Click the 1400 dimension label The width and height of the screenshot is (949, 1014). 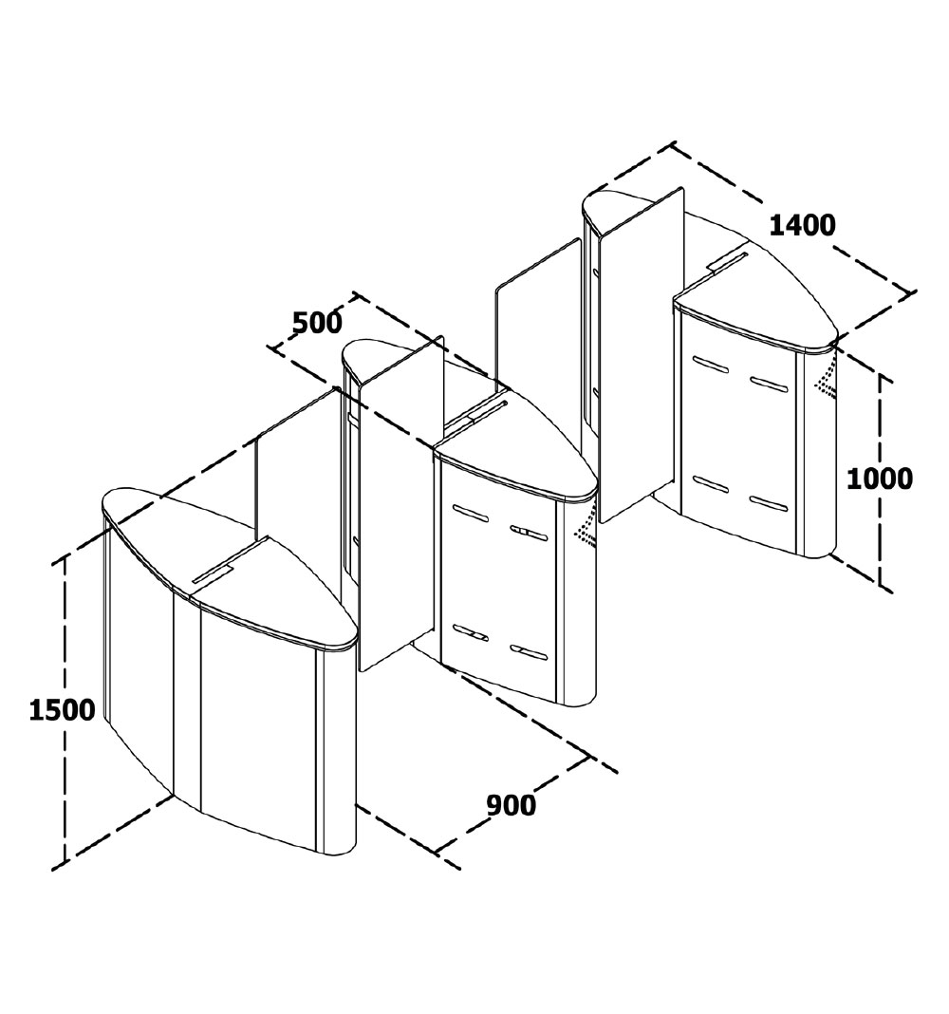pos(802,226)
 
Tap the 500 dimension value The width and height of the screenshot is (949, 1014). pos(317,323)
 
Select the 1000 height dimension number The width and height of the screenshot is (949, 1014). pos(879,479)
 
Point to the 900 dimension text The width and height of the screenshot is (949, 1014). pos(511,805)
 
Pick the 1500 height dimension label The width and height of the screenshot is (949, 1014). pos(62,710)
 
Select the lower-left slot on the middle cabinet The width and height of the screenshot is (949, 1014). pos(469,633)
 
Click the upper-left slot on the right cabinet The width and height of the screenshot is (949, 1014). pos(710,365)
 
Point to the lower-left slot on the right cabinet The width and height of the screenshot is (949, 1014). pos(710,482)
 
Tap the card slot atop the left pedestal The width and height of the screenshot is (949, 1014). pos(214,573)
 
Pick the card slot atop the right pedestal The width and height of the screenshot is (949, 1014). pos(727,259)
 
